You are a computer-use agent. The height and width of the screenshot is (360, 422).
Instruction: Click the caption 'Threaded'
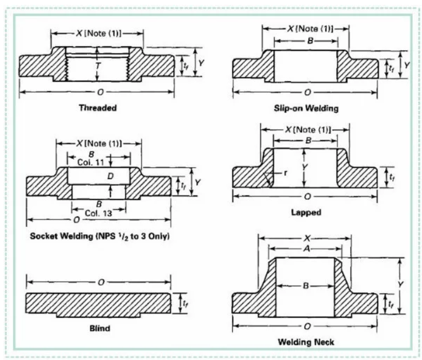click(x=98, y=108)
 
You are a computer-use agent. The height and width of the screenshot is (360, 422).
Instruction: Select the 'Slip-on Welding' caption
click(x=306, y=108)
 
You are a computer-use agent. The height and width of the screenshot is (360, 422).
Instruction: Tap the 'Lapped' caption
click(x=306, y=212)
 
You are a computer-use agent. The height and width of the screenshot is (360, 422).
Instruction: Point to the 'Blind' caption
click(x=100, y=328)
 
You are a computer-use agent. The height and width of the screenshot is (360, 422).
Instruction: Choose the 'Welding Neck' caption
click(x=306, y=342)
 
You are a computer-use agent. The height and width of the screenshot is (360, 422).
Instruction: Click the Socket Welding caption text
click(x=100, y=236)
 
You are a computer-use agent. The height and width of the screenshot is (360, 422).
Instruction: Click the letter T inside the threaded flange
click(x=98, y=66)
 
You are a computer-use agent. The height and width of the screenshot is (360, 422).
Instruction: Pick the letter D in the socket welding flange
click(x=110, y=176)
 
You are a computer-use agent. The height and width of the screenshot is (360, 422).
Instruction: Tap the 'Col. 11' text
click(x=90, y=162)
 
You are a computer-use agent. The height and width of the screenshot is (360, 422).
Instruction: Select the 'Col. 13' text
click(x=98, y=213)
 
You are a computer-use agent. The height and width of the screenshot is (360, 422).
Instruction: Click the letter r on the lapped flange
click(x=285, y=173)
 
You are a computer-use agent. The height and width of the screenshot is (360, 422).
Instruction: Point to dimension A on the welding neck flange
click(x=307, y=249)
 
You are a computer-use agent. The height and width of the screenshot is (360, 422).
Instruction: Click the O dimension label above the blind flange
click(x=101, y=282)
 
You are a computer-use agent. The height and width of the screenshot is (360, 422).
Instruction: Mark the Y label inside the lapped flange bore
click(x=305, y=167)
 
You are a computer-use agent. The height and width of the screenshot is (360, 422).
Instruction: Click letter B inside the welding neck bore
click(x=306, y=285)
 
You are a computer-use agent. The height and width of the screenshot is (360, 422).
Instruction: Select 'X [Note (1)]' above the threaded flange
click(x=98, y=34)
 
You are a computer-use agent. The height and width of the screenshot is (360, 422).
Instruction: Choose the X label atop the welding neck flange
click(x=307, y=238)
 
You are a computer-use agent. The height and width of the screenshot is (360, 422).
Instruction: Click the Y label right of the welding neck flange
click(x=401, y=284)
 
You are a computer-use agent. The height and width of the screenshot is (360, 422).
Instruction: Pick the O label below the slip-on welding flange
click(x=307, y=93)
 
